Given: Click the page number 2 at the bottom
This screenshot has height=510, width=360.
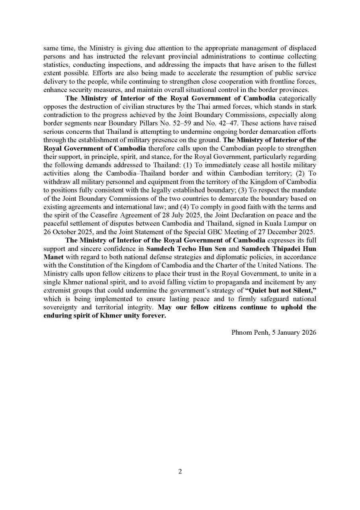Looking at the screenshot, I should coord(180,471).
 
